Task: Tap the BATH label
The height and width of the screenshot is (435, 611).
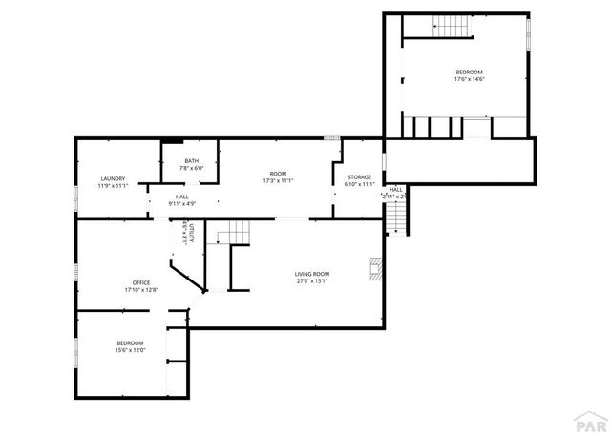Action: click(x=192, y=161)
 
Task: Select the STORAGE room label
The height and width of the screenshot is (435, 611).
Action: click(x=359, y=176)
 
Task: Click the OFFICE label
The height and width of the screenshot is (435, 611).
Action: click(x=141, y=282)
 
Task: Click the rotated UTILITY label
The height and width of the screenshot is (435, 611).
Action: click(x=191, y=233)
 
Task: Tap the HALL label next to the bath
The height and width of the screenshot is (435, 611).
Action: click(x=181, y=197)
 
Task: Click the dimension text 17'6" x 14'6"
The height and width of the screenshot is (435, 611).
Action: click(x=469, y=79)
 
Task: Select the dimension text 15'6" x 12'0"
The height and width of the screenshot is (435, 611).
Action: click(x=131, y=350)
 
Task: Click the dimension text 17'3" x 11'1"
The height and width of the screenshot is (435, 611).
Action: click(x=278, y=180)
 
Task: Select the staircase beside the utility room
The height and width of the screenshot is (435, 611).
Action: click(x=232, y=232)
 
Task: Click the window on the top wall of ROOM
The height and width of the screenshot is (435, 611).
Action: click(x=331, y=138)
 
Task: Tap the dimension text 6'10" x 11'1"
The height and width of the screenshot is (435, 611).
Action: click(x=360, y=184)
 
